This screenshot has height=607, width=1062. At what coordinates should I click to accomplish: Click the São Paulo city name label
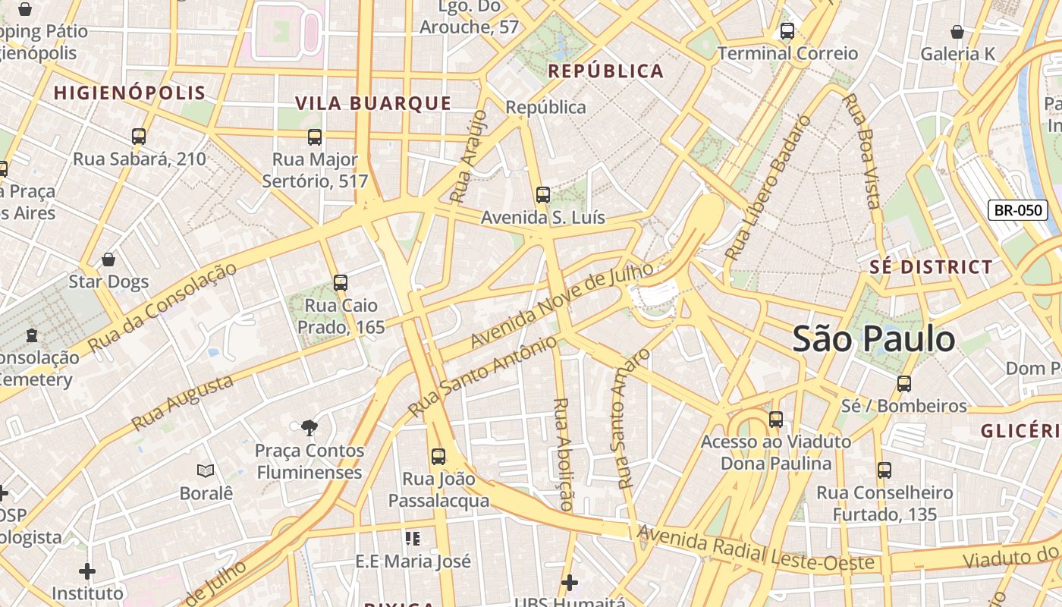874,339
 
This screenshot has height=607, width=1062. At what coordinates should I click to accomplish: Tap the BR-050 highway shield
1017,210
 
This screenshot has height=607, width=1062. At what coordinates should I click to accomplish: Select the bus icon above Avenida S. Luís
542,195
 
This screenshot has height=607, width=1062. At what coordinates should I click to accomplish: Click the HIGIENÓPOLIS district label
130,93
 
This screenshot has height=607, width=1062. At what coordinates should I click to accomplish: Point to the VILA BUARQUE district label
373,104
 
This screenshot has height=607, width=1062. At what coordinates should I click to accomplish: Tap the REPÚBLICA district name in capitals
605,71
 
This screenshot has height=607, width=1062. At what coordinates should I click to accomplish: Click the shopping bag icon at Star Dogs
108,259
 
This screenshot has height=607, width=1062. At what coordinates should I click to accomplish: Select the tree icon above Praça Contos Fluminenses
309,428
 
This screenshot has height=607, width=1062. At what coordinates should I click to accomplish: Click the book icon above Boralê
205,470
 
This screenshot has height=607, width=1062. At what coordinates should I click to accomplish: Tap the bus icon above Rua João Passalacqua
438,456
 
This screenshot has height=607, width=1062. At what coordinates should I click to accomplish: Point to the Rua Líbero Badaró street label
768,188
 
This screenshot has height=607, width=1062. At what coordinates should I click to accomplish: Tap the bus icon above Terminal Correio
787,31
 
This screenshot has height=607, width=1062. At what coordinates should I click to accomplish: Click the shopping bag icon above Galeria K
957,32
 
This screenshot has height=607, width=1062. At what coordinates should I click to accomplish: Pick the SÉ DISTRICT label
931,267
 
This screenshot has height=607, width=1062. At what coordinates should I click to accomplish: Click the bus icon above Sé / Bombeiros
903,383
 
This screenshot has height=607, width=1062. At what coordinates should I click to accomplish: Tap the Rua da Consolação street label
162,307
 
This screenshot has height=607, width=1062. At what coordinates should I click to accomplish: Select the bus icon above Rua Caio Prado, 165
341,283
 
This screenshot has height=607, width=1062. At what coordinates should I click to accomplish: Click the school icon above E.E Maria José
413,539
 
